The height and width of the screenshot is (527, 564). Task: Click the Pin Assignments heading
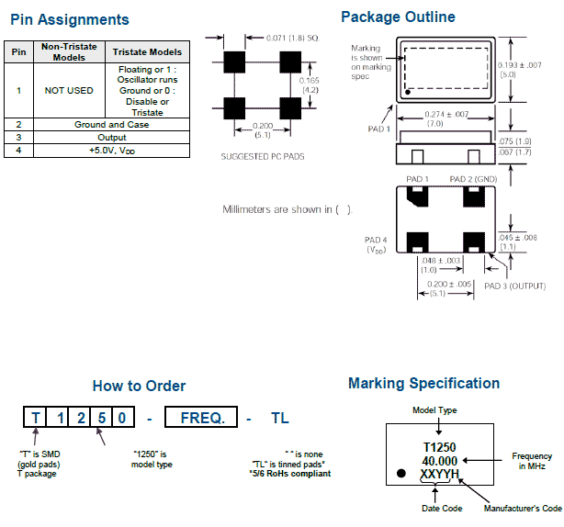click(70, 19)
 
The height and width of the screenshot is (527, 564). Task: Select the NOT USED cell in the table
click(68, 91)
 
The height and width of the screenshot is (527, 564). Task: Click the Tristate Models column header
click(147, 51)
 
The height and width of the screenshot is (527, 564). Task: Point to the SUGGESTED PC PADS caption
click(262, 156)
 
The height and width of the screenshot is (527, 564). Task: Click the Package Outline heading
click(397, 17)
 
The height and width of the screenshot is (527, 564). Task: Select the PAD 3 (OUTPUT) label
click(514, 286)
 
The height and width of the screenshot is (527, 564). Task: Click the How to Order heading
click(139, 387)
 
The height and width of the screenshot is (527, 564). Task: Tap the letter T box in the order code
click(35, 418)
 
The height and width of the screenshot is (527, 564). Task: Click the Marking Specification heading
click(423, 384)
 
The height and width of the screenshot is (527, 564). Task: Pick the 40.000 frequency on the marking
click(439, 460)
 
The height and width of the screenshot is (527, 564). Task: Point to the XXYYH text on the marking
click(439, 474)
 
